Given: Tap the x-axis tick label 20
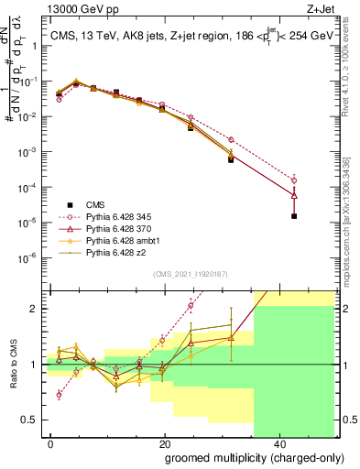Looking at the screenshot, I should [164, 443].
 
